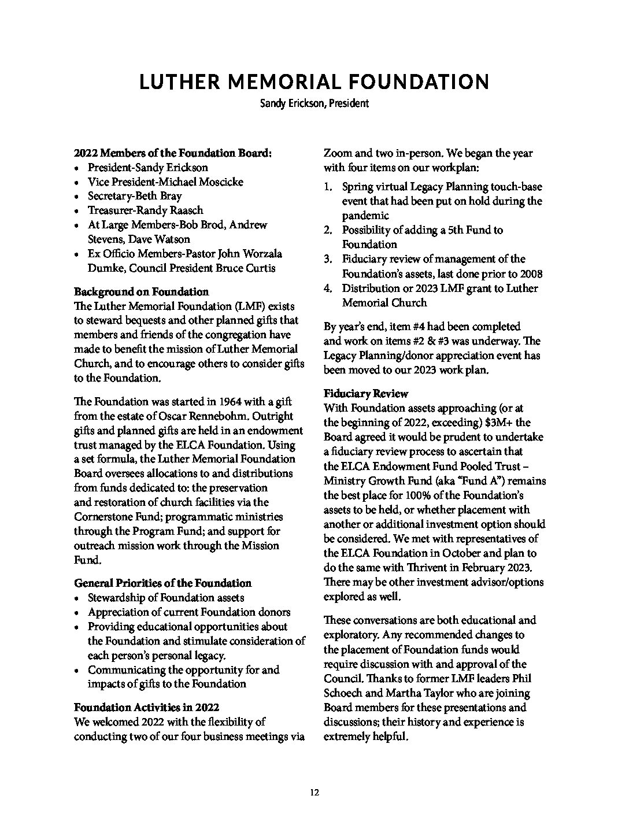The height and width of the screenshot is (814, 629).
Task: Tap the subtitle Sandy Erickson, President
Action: (314, 104)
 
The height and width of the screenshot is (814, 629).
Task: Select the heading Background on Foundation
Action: (141, 291)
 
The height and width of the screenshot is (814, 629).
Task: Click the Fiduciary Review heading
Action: (366, 394)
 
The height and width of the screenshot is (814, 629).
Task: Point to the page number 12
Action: (314, 793)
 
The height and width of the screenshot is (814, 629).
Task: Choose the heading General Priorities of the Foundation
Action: (162, 583)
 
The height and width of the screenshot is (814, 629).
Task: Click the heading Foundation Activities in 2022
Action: (146, 706)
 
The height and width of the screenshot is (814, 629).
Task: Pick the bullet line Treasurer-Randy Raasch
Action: (145, 210)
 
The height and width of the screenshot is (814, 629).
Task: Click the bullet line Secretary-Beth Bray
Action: (135, 196)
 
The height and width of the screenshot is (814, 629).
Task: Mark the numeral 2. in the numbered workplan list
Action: (328, 230)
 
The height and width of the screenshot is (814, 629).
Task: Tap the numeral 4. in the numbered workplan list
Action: (328, 288)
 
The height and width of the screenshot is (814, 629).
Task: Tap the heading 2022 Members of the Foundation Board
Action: (173, 153)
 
